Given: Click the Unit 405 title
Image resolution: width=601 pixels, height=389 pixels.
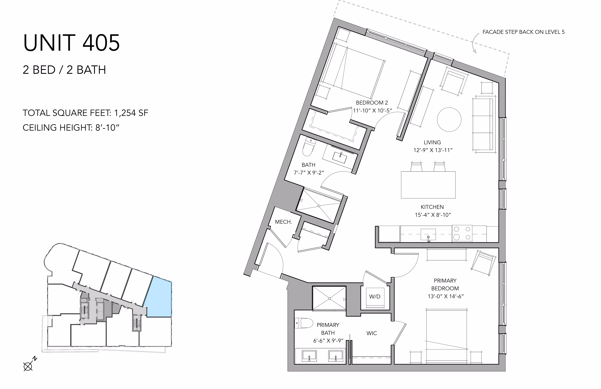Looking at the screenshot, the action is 71,43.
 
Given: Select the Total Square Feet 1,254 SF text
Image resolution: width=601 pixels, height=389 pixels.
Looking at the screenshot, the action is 85,113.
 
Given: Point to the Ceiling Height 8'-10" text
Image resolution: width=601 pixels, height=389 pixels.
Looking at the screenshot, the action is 71,128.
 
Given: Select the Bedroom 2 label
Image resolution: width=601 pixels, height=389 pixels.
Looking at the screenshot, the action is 372,103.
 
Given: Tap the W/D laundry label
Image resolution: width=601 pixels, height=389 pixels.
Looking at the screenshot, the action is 375,297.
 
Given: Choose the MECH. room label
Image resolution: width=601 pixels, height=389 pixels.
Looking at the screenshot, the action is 283,222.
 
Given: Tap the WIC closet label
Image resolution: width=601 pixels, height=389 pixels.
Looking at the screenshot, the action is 372,333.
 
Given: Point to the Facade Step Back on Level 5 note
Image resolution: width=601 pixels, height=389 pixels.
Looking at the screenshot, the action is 523,32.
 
